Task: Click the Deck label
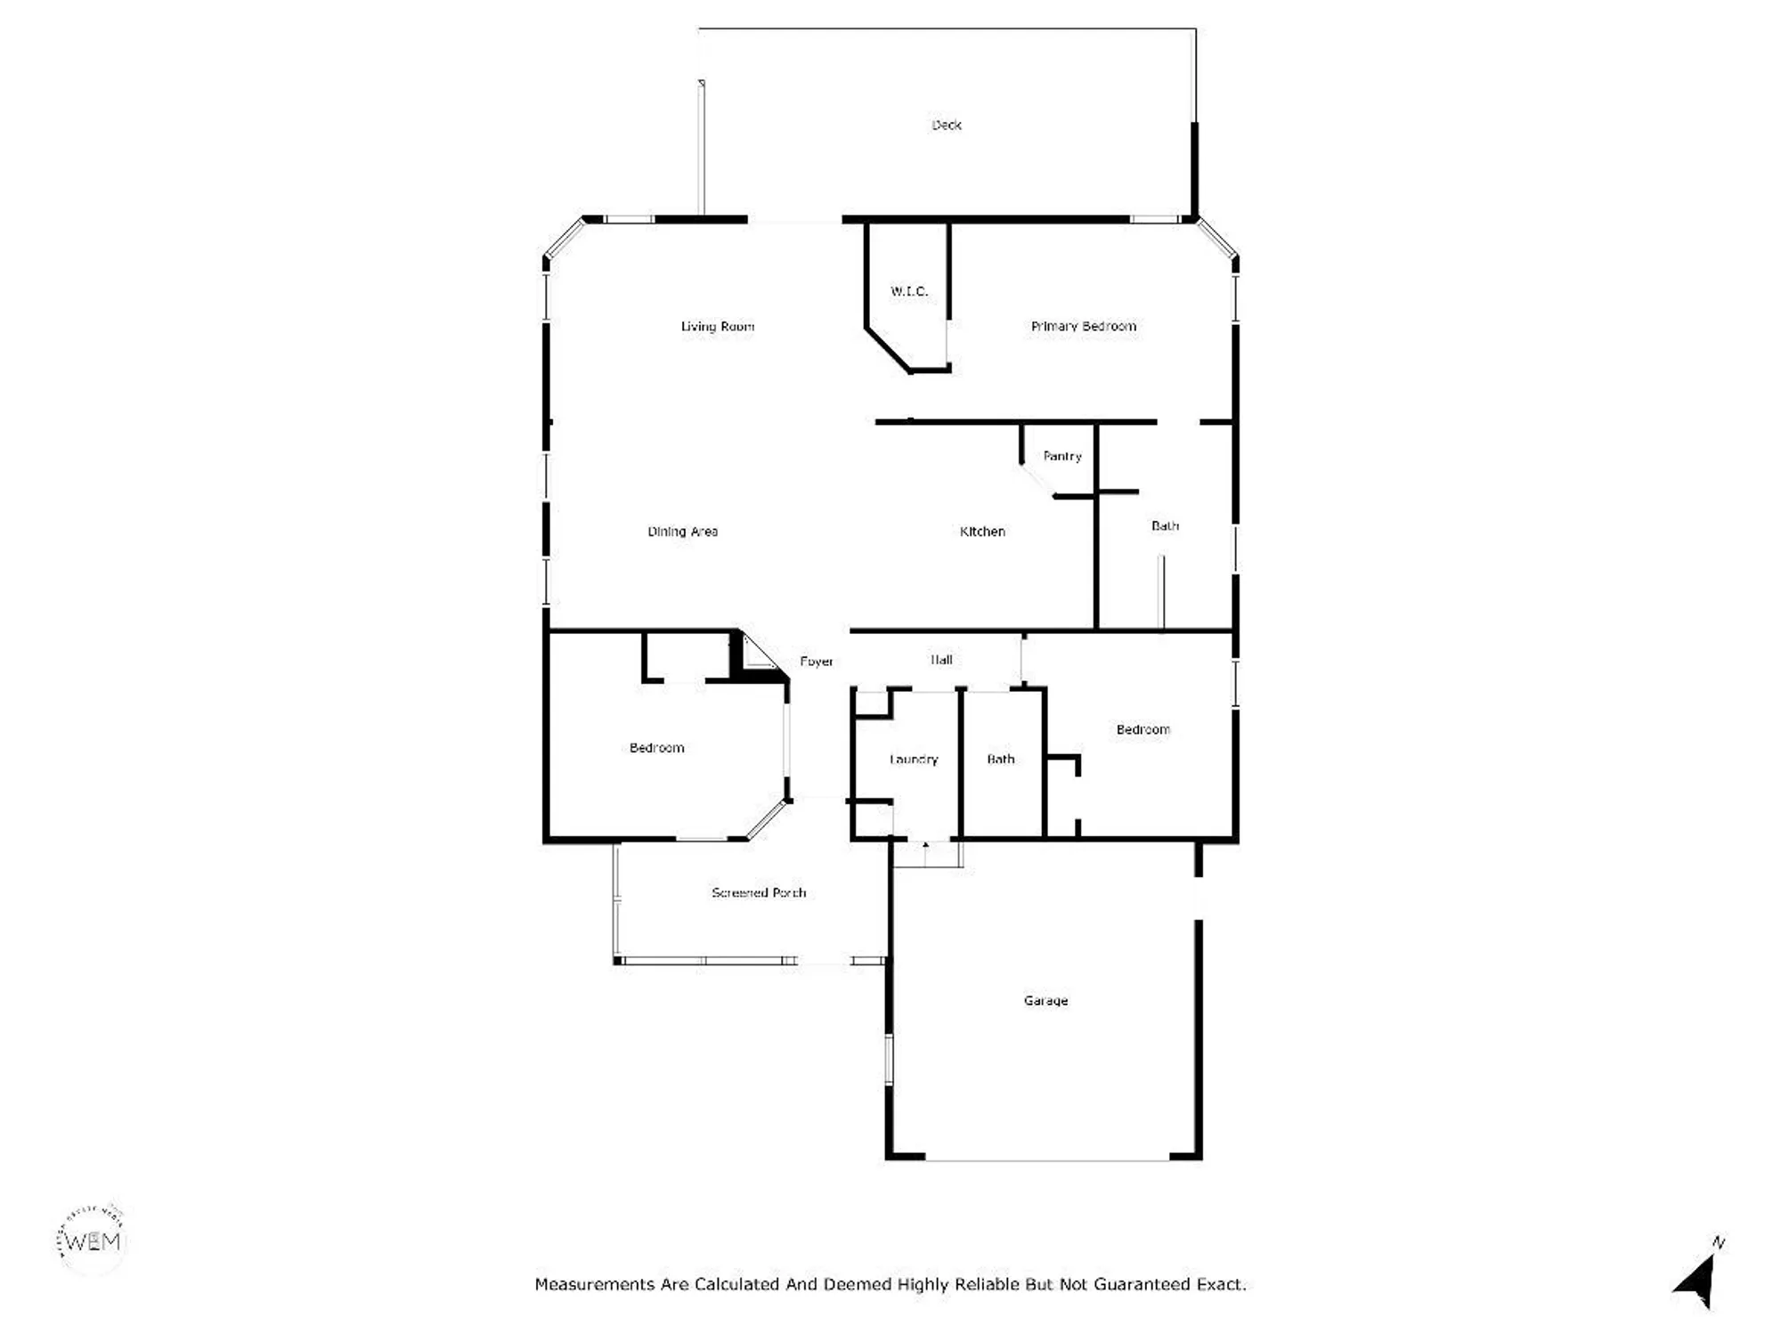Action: pyautogui.click(x=946, y=126)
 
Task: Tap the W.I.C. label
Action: pyautogui.click(x=909, y=291)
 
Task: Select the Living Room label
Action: pyautogui.click(x=717, y=327)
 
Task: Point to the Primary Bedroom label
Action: pyautogui.click(x=1083, y=327)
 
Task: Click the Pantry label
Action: pyautogui.click(x=1061, y=457)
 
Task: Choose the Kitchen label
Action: pyautogui.click(x=982, y=532)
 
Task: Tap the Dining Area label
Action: pyautogui.click(x=682, y=532)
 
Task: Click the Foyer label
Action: pyautogui.click(x=816, y=662)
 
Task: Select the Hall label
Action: pyautogui.click(x=941, y=660)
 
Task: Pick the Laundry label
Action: pyautogui.click(x=914, y=760)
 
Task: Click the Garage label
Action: pyautogui.click(x=1045, y=1001)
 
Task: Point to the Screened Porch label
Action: pyautogui.click(x=759, y=892)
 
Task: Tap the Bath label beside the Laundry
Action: pyautogui.click(x=1000, y=760)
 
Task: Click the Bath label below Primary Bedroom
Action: pyautogui.click(x=1165, y=526)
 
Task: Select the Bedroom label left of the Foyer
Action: pyautogui.click(x=656, y=748)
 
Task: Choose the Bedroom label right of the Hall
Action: pyautogui.click(x=1143, y=730)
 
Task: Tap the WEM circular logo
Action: pyautogui.click(x=92, y=1240)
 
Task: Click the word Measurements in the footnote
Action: pyautogui.click(x=596, y=1284)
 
